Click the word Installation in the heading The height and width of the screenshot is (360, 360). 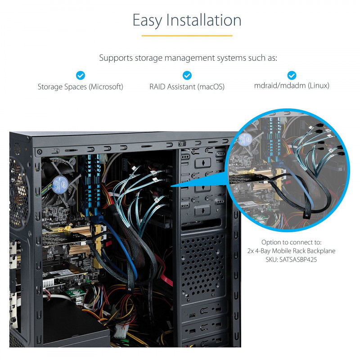click(204, 20)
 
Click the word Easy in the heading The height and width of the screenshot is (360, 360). click(147, 21)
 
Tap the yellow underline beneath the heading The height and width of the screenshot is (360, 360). click(187, 36)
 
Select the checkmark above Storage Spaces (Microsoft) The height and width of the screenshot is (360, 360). click(81, 75)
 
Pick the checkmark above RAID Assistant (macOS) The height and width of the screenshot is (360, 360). click(187, 75)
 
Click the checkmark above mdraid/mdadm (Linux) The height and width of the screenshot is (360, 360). click(292, 75)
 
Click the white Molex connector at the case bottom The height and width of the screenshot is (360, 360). click(121, 331)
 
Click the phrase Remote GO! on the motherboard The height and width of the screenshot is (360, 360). click(58, 223)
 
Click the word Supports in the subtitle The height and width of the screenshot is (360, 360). click(116, 58)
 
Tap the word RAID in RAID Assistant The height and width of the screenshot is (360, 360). click(157, 87)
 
